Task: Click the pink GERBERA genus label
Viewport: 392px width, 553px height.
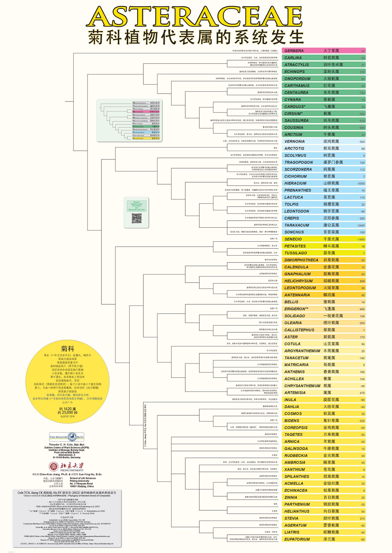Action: click(294, 51)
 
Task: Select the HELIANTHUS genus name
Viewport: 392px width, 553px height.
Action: click(297, 511)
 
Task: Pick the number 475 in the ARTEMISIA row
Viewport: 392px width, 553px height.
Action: click(362, 393)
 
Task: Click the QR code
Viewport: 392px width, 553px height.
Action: click(137, 218)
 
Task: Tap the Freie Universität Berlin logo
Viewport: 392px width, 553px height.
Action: click(67, 437)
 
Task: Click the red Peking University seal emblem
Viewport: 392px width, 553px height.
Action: click(54, 466)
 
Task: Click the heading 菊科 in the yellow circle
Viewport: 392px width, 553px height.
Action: click(67, 349)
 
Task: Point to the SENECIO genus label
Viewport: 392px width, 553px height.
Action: click(293, 239)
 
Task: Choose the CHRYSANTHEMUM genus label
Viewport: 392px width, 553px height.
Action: click(302, 386)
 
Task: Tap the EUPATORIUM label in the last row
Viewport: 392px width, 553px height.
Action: click(297, 539)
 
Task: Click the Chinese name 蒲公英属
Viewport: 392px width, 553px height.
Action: click(331, 225)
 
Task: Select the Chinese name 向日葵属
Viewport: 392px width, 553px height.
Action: click(331, 511)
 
